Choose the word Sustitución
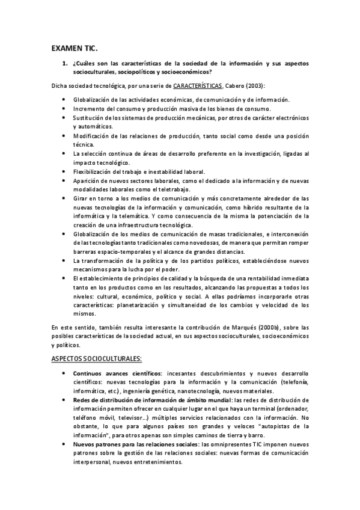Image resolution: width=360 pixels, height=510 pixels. coord(90,118)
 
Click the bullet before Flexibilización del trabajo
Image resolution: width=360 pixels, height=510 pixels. coord(64,172)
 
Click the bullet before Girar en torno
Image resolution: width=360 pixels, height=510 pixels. coord(64,198)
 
